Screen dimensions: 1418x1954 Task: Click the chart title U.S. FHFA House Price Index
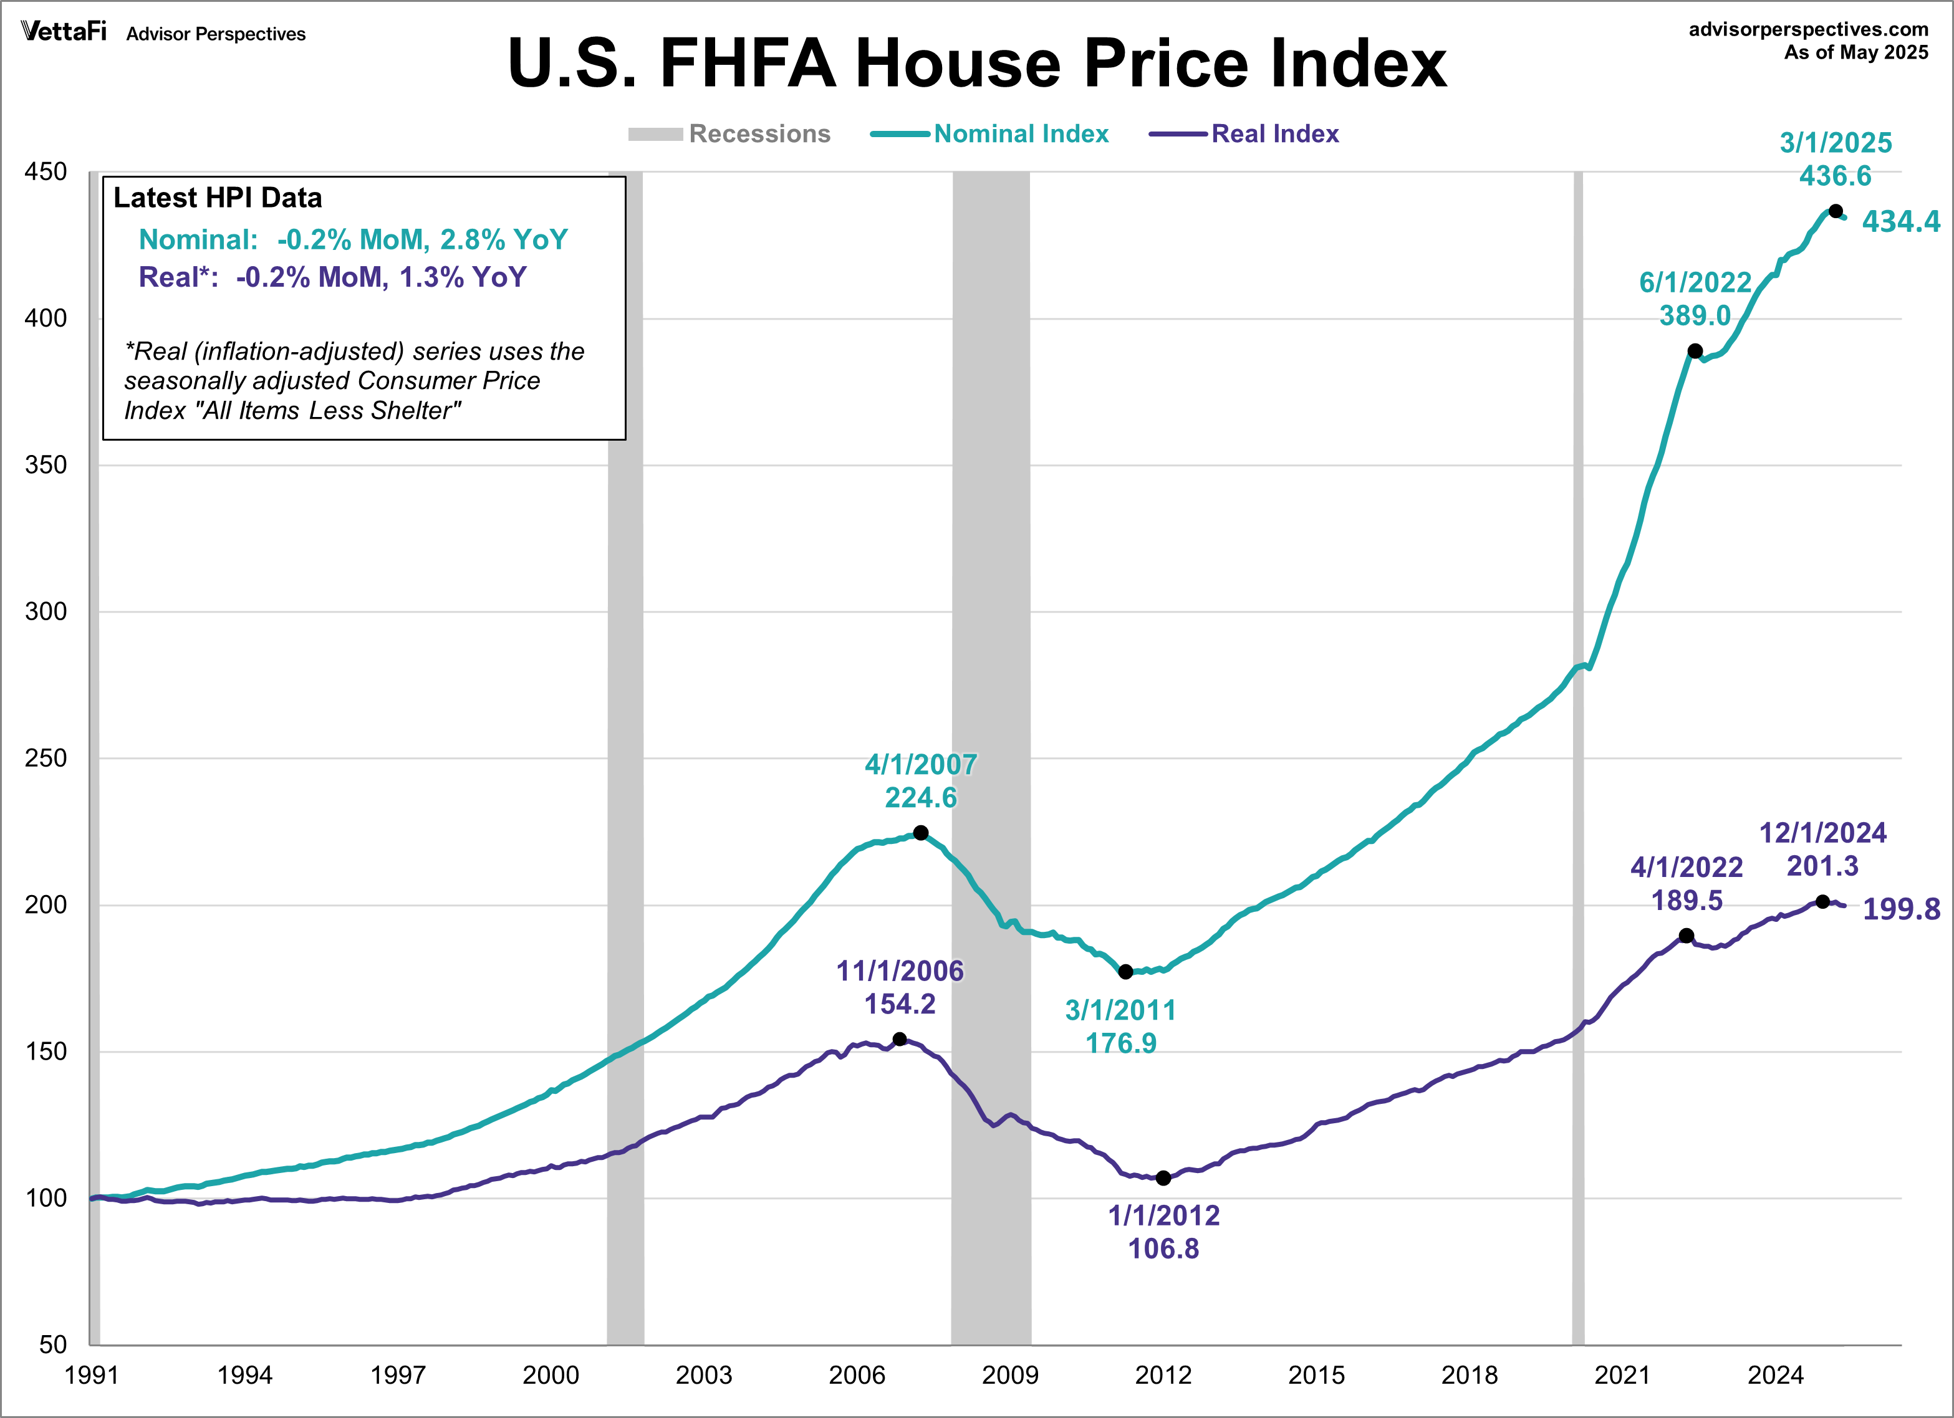tap(977, 63)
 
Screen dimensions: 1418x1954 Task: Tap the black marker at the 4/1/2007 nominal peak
tap(920, 832)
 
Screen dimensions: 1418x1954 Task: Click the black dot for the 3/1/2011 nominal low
tap(1125, 972)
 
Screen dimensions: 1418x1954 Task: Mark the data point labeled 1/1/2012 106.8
tap(1163, 1177)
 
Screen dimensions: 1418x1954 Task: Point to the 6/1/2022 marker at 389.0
tap(1695, 351)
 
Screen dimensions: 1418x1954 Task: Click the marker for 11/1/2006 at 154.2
tap(900, 1039)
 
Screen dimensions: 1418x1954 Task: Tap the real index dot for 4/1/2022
tap(1686, 936)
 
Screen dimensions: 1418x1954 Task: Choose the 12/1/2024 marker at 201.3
tap(1822, 901)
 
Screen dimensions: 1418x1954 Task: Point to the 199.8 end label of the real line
tap(1900, 909)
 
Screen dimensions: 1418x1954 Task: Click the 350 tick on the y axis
tap(46, 464)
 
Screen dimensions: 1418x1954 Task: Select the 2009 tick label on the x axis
tap(1010, 1374)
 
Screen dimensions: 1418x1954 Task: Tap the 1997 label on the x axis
tap(397, 1374)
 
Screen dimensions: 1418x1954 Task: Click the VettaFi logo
tap(64, 32)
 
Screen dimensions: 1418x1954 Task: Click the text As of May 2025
tap(1855, 52)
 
